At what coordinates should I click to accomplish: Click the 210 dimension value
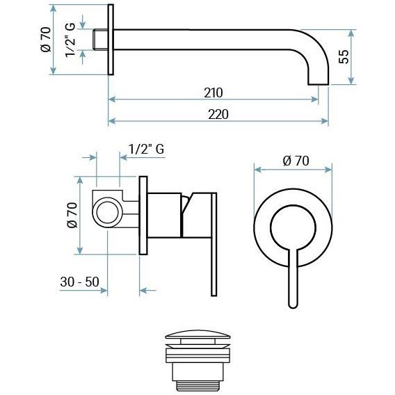213,92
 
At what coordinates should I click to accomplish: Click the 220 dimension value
218,114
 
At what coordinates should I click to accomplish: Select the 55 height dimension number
344,56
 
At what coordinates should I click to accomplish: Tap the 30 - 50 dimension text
79,282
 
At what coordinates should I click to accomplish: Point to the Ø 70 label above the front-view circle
296,161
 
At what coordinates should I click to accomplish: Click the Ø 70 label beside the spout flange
46,40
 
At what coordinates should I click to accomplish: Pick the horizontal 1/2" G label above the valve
146,149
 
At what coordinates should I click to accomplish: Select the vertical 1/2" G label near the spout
70,40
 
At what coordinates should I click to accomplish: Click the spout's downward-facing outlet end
319,84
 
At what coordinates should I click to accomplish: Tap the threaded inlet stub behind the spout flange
100,40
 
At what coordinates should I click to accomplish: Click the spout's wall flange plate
111,40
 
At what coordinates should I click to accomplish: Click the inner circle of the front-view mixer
293,206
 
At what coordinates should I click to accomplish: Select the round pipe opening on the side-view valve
108,213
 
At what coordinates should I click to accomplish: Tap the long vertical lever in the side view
213,244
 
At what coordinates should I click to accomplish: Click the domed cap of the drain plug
197,334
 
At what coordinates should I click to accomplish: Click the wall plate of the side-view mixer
143,216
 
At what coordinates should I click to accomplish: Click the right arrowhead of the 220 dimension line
325,121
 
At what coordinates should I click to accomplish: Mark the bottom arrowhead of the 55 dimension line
351,81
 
